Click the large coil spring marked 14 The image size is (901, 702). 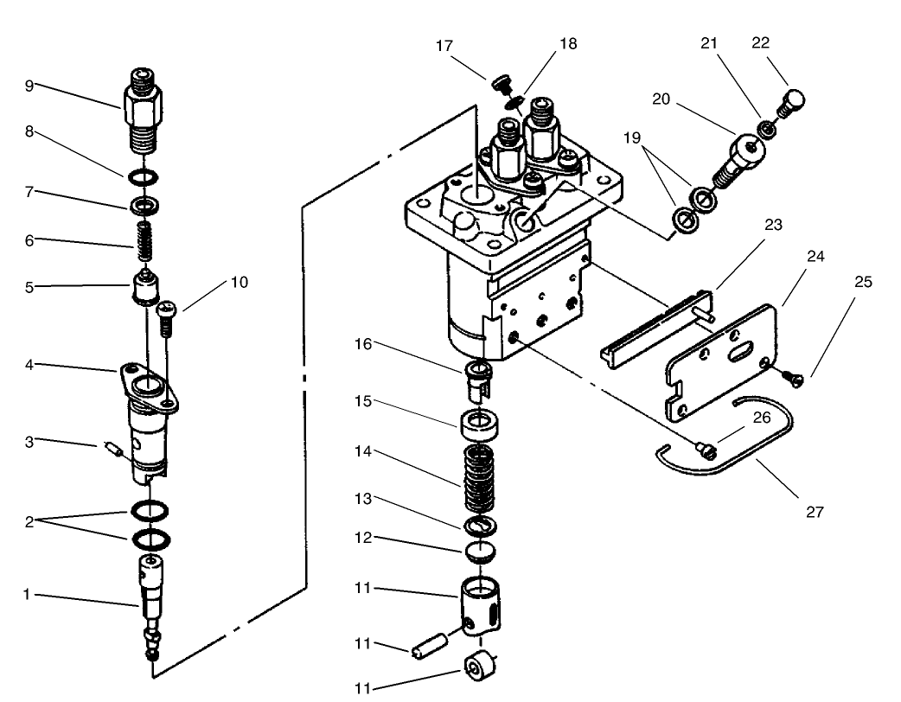(x=478, y=481)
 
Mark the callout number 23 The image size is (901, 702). (x=772, y=225)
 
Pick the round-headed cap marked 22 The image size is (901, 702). (x=793, y=103)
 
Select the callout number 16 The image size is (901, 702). (x=362, y=345)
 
